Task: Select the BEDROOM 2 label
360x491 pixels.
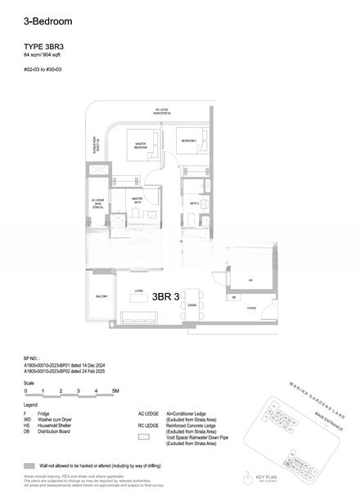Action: (189, 141)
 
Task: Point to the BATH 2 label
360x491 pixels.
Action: (195, 203)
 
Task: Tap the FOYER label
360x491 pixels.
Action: (251, 309)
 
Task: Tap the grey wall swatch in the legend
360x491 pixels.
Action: (30, 464)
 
